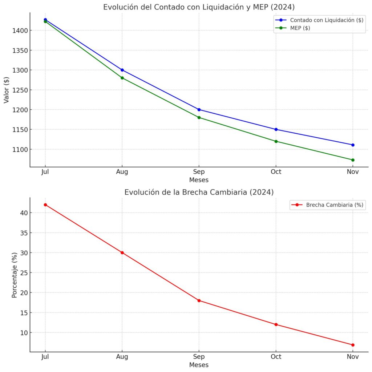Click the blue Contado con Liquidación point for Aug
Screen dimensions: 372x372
click(x=122, y=70)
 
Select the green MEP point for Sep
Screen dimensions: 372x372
click(x=199, y=117)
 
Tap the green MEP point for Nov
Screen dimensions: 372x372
click(x=353, y=160)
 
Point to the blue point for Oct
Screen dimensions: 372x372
click(x=276, y=129)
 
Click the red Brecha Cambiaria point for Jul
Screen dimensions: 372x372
click(x=45, y=205)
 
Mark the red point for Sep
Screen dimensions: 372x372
click(x=199, y=300)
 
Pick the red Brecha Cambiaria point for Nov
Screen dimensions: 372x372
click(x=353, y=345)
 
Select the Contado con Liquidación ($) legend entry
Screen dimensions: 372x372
click(x=326, y=20)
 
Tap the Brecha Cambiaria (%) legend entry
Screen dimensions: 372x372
click(x=334, y=205)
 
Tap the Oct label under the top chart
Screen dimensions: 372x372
click(x=276, y=172)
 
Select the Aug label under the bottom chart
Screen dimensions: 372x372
click(x=122, y=357)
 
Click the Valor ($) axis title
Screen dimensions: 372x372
click(x=6, y=90)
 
